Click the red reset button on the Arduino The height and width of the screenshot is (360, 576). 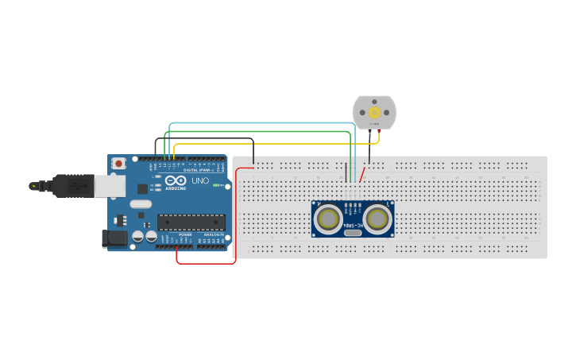(x=118, y=163)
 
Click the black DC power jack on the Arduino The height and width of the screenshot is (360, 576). (x=114, y=237)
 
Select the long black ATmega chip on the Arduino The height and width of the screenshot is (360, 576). (x=191, y=222)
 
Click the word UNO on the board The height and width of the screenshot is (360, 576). (x=200, y=181)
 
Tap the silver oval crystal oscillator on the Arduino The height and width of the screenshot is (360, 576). (x=141, y=204)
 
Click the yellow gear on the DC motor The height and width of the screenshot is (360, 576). (x=374, y=113)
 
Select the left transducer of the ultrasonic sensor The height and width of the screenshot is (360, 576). (x=328, y=218)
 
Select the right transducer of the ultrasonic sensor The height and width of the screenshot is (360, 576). (x=377, y=218)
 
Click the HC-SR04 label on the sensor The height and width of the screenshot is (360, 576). (x=353, y=226)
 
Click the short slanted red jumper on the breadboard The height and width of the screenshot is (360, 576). (x=363, y=174)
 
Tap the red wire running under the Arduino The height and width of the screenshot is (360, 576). (x=205, y=263)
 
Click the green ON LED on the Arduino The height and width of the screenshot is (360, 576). (x=215, y=184)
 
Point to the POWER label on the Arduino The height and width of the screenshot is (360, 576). (x=185, y=235)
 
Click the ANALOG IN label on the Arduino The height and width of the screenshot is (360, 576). (x=213, y=235)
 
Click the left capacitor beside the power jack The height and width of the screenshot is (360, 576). (x=138, y=236)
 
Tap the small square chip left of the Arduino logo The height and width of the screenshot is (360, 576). (x=142, y=188)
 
